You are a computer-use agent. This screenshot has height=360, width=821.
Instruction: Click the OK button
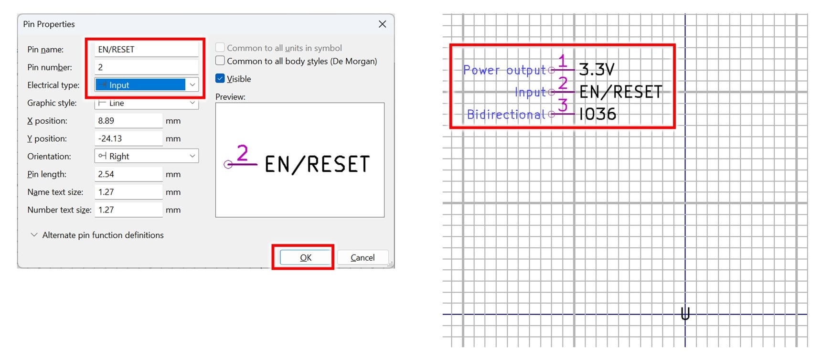[305, 257]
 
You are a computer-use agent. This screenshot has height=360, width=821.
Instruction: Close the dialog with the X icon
[382, 24]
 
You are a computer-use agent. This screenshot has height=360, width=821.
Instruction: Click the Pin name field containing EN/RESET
[146, 49]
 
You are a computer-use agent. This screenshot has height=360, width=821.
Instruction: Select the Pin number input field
[146, 67]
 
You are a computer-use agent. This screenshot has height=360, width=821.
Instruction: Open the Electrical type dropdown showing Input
[146, 85]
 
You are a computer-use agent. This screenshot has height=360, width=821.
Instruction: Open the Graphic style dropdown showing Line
[146, 103]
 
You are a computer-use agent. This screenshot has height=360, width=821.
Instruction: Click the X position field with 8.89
[128, 121]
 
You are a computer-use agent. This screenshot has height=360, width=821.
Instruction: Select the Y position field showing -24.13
[128, 138]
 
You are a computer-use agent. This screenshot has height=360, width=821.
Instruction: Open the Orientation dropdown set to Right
[146, 156]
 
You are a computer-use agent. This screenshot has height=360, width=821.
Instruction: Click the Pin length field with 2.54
[128, 174]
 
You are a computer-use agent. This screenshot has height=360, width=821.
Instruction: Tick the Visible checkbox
[220, 79]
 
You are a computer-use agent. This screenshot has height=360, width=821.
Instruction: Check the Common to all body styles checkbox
[220, 61]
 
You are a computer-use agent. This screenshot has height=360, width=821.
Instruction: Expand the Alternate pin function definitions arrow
[34, 235]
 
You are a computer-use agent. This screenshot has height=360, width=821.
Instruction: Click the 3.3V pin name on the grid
[597, 70]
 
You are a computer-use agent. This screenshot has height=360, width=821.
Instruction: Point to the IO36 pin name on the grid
[597, 114]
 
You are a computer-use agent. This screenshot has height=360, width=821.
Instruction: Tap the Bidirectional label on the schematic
[506, 115]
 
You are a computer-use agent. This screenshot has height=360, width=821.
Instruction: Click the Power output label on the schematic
[504, 70]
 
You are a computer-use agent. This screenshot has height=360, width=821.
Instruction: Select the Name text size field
[128, 192]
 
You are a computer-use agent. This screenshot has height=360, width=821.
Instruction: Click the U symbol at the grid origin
[685, 314]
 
